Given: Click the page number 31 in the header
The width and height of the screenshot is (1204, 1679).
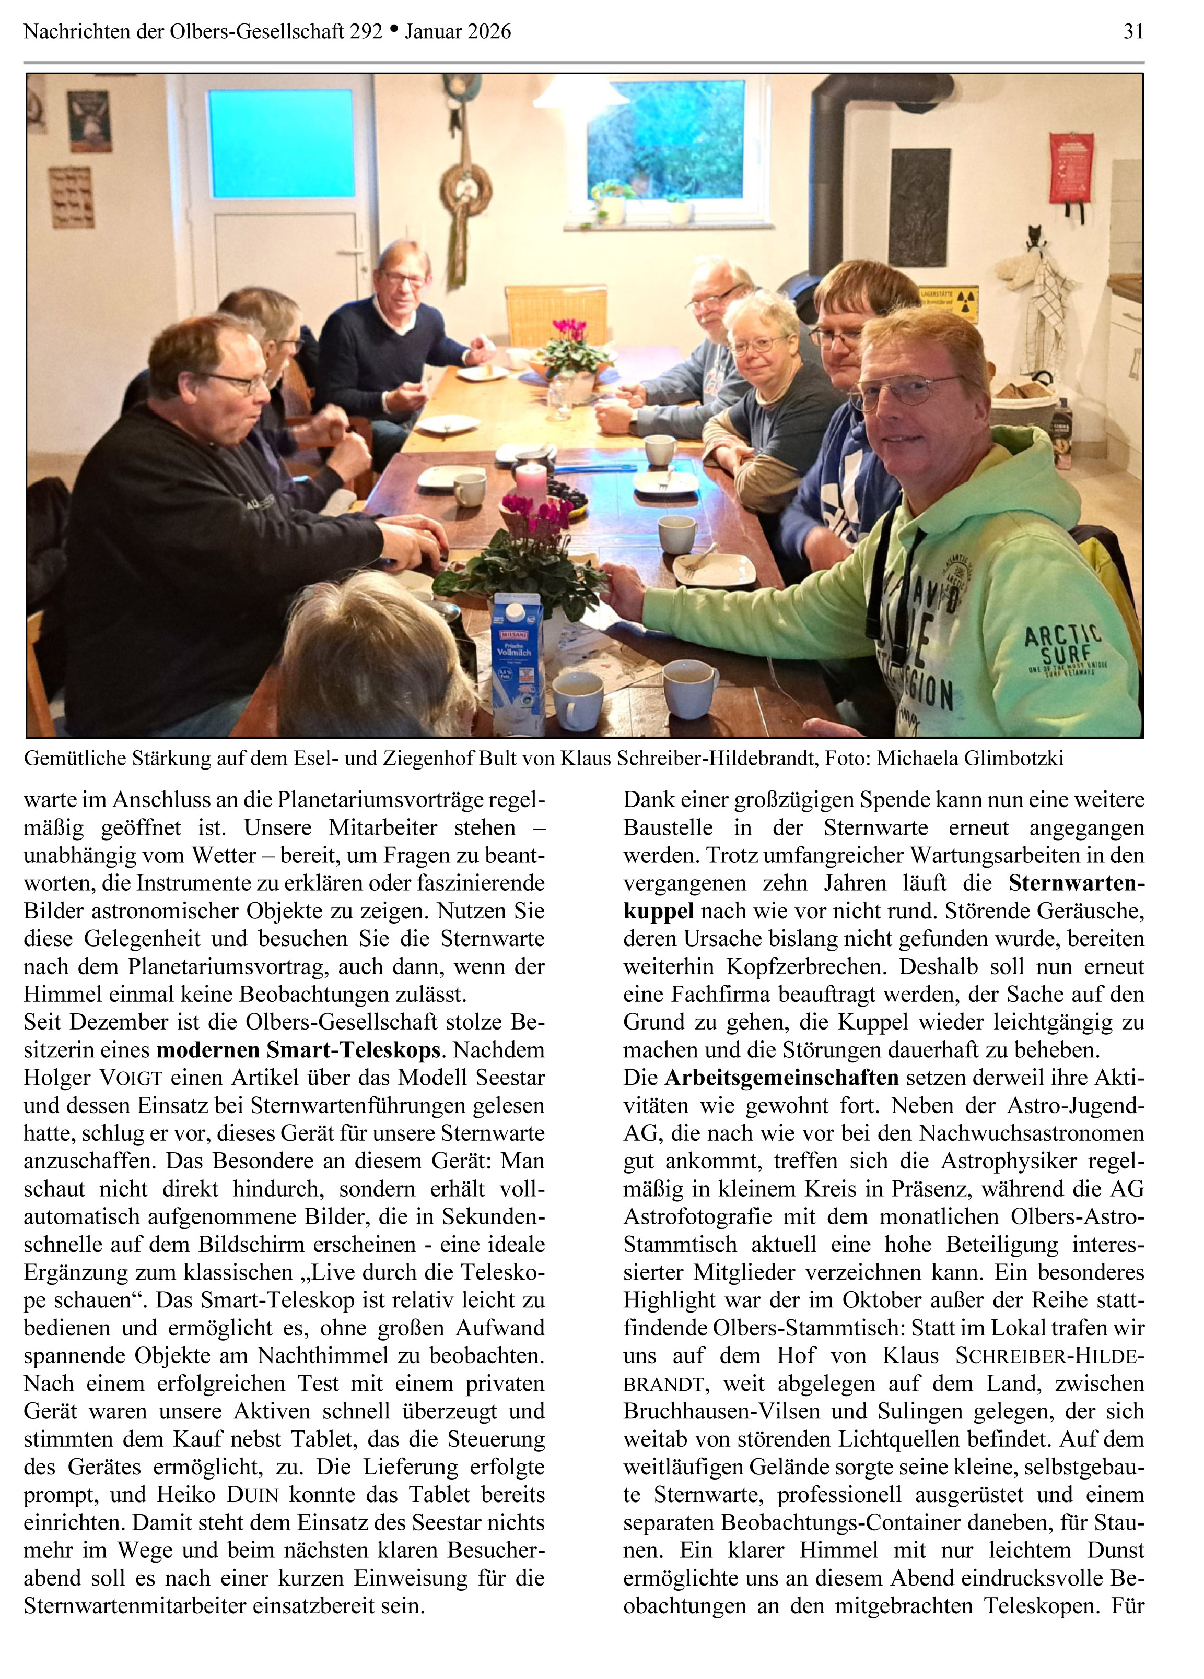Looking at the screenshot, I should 1133,31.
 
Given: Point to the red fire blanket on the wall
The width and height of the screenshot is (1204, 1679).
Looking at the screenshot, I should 1070,168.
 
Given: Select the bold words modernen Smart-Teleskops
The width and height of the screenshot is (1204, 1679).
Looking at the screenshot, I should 298,1050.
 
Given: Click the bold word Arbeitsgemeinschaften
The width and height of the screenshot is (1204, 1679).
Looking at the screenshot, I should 781,1077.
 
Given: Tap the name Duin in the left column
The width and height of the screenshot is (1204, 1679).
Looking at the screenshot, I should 252,1495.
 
